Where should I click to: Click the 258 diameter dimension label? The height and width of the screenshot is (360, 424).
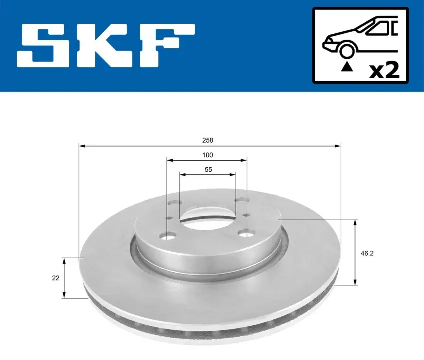click(208, 140)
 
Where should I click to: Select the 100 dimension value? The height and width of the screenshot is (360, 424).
click(208, 155)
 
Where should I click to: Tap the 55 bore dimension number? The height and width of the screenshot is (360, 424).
click(208, 170)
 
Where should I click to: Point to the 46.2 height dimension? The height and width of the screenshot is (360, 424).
click(367, 253)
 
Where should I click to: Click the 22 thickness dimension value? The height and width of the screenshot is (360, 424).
click(56, 278)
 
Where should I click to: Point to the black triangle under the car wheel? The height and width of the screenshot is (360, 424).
click(347, 67)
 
